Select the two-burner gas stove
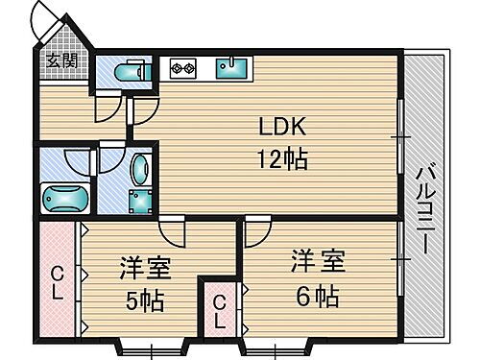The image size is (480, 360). pyautogui.click(x=181, y=67)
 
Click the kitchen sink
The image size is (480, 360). pyautogui.click(x=230, y=67)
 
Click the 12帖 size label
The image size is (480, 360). pyautogui.click(x=282, y=159)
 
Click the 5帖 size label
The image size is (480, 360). pyautogui.click(x=141, y=301)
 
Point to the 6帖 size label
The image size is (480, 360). pyautogui.click(x=314, y=295)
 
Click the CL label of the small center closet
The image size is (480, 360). pyautogui.click(x=220, y=312)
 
